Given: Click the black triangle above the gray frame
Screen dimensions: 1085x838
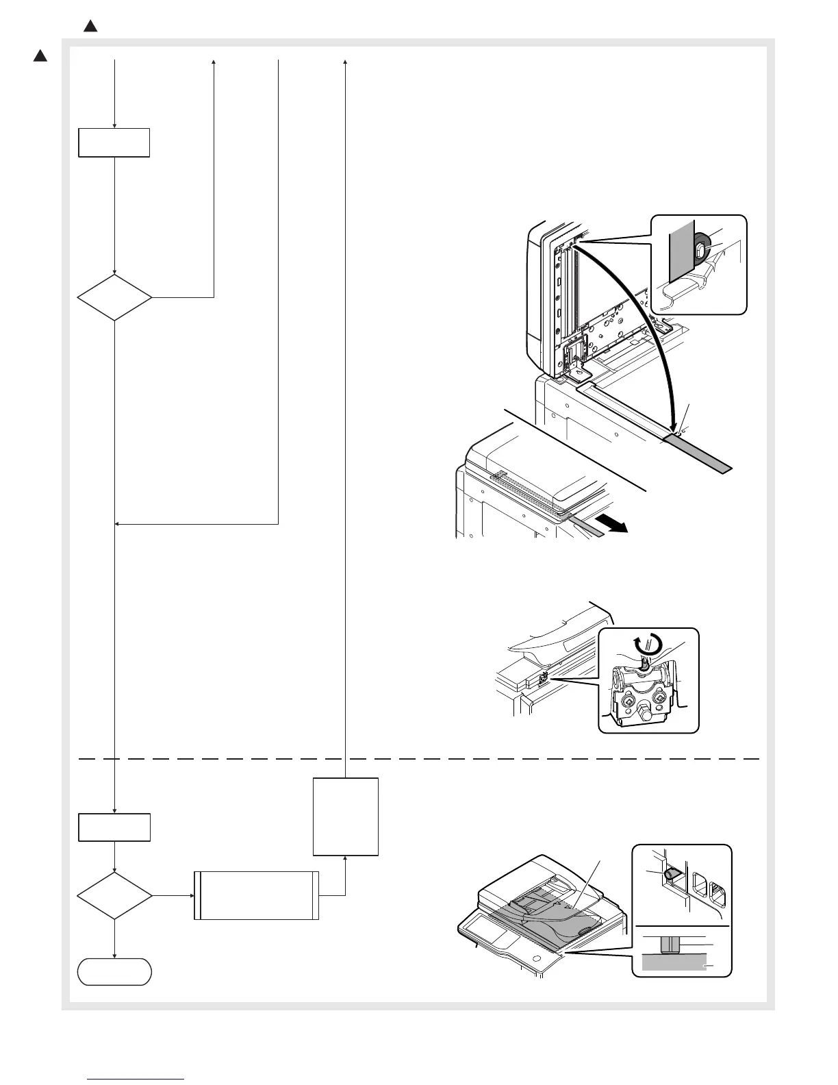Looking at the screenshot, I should pos(90,27).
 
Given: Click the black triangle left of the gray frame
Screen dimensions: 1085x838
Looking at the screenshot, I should pos(40,56).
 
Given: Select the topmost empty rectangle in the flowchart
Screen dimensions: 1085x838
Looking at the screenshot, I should pos(114,142).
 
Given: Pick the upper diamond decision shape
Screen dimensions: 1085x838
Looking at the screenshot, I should pos(114,298).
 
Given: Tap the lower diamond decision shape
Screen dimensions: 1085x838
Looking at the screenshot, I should pos(114,895).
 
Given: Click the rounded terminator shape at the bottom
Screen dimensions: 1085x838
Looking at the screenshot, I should pos(114,971).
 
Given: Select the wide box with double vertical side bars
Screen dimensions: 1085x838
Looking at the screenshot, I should pos(256,895).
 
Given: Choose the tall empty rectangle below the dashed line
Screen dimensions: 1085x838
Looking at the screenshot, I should pos(345,816).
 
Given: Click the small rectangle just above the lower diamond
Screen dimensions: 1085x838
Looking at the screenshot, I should pos(114,827).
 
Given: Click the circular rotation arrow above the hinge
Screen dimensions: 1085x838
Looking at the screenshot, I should pos(647,644).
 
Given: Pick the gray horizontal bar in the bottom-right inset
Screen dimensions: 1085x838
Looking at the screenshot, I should pos(675,964).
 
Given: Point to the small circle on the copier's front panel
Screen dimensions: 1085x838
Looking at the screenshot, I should pos(536,956).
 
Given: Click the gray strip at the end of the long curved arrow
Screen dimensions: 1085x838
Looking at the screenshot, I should pos(698,455).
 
